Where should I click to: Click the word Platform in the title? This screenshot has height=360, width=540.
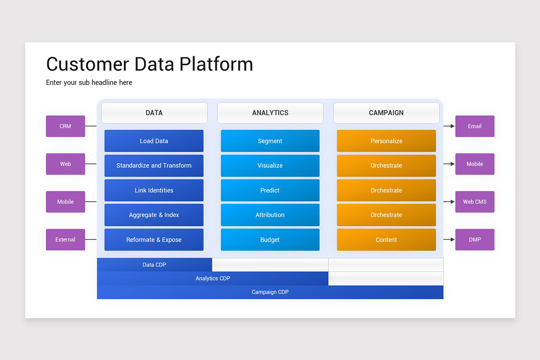(216, 64)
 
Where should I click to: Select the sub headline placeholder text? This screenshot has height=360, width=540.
(89, 82)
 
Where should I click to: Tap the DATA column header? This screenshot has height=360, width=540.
(154, 113)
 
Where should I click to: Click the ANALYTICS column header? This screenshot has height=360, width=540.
(270, 113)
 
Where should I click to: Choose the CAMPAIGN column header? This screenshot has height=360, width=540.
(386, 113)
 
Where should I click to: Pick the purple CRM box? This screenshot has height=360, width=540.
(65, 126)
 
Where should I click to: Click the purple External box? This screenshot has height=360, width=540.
(65, 239)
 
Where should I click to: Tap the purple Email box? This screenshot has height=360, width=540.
(475, 126)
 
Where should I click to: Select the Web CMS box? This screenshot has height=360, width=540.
(475, 202)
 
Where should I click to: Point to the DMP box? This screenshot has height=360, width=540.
(475, 239)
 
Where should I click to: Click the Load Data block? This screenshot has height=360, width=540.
(154, 141)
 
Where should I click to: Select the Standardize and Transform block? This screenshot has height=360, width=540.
(154, 166)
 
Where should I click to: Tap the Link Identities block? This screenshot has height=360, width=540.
(154, 190)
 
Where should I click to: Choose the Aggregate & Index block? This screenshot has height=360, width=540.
(154, 215)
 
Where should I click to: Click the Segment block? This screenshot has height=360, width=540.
(270, 141)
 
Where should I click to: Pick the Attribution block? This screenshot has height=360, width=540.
(270, 215)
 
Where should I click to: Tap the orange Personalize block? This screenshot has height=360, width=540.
(386, 141)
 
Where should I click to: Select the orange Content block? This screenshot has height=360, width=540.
(386, 240)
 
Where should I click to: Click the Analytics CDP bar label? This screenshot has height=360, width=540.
(213, 279)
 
